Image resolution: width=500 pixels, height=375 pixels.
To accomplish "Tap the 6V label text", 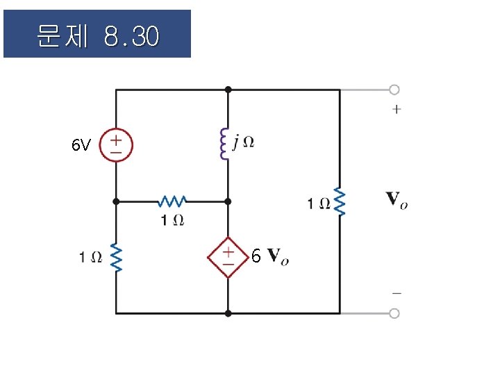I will click(x=81, y=146).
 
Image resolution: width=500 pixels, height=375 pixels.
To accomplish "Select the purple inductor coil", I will click(x=224, y=144).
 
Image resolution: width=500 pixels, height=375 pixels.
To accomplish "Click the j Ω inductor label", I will click(x=244, y=142).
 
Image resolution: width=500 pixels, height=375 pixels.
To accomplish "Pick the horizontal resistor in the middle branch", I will click(x=172, y=201).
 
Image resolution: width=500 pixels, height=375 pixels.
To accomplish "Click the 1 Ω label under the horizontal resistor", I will click(x=172, y=220).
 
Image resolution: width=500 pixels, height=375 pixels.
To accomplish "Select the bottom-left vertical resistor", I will click(x=116, y=258).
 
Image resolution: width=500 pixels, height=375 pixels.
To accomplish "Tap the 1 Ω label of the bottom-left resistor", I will click(x=91, y=258).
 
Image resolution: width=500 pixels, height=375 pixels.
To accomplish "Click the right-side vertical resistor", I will click(x=340, y=201).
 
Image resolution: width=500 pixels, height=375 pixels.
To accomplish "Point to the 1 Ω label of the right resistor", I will click(x=319, y=203).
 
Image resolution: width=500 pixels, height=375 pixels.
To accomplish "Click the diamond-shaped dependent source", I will click(x=228, y=258).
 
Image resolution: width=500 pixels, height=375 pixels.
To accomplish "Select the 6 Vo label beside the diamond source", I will click(x=270, y=258).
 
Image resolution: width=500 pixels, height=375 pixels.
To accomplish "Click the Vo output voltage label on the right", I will click(x=397, y=201).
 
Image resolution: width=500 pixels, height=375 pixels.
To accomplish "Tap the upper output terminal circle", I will click(x=394, y=90).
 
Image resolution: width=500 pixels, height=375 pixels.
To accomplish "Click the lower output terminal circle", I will click(x=394, y=313).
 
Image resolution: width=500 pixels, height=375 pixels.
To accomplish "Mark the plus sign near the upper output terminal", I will click(x=397, y=109).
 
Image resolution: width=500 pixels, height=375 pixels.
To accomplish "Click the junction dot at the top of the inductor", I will click(x=228, y=90).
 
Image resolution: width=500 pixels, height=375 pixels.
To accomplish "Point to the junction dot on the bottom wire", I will click(x=228, y=313).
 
